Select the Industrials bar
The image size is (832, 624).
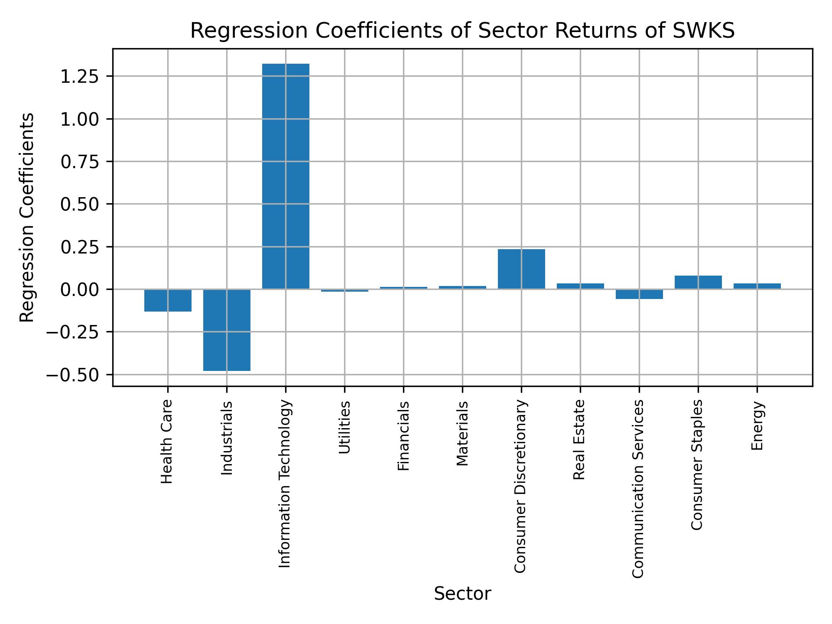click(227, 330)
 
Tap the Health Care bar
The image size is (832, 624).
click(168, 300)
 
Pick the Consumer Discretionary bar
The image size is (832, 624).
click(521, 269)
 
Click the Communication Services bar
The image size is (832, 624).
click(639, 294)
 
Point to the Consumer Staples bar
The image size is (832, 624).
click(698, 283)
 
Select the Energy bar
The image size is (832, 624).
click(757, 286)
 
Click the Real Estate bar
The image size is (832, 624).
click(580, 286)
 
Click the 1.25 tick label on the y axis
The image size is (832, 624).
click(80, 77)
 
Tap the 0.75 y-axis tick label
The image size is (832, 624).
click(80, 162)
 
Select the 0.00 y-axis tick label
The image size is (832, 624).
click(80, 289)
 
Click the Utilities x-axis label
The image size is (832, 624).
click(344, 427)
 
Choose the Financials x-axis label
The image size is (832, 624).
click(403, 435)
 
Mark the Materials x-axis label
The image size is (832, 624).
click(462, 433)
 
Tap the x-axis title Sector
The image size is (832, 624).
click(462, 594)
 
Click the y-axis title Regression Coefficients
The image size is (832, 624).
click(27, 218)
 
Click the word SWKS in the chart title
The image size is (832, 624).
click(703, 31)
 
